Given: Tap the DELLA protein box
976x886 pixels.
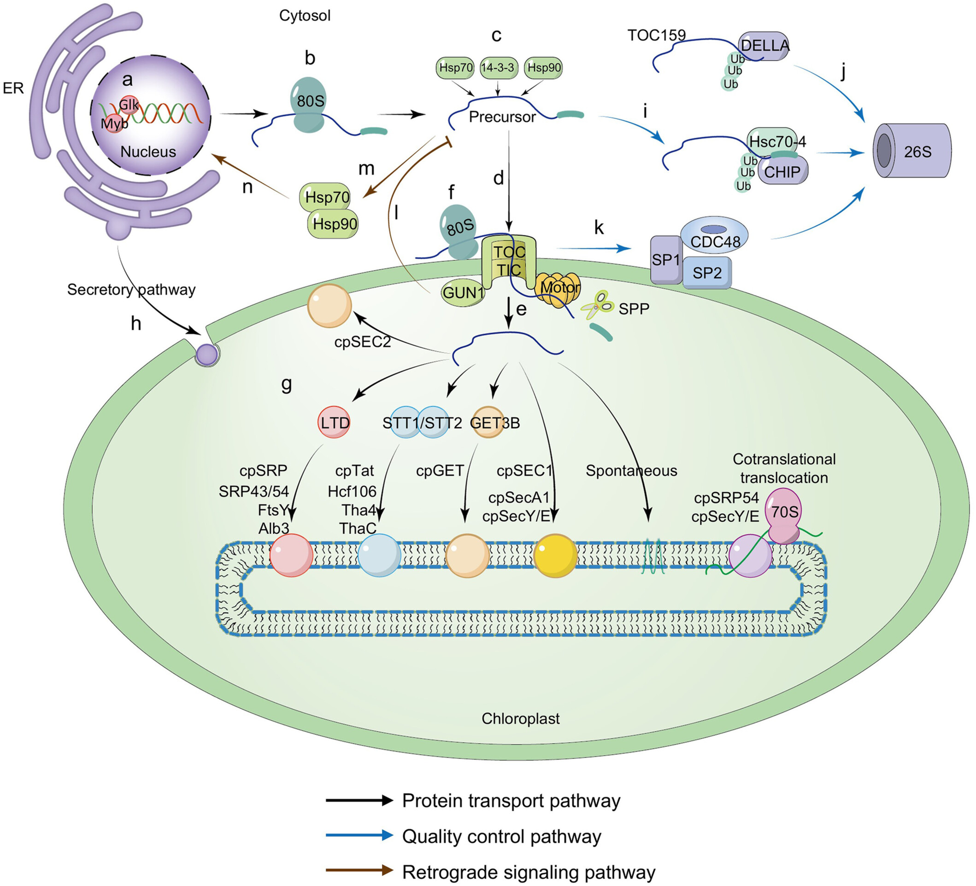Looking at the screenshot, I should [764, 46].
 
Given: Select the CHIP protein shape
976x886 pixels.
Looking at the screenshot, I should [783, 171].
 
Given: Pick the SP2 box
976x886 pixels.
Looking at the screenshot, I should [707, 273].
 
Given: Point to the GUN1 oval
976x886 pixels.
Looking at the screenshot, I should [463, 292].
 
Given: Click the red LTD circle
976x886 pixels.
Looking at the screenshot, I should [334, 422].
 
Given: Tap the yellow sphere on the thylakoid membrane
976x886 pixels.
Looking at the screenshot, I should [555, 555].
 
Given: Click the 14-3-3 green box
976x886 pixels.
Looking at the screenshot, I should [498, 67].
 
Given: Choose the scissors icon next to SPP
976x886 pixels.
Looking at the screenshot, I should [597, 304].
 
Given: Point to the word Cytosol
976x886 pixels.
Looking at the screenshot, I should [305, 16].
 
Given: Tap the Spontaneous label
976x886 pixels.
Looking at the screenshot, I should [631, 470].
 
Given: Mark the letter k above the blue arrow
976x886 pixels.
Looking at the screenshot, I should [599, 227].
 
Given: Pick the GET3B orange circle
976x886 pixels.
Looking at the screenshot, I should [488, 422].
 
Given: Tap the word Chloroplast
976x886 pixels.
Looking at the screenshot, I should [520, 718].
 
